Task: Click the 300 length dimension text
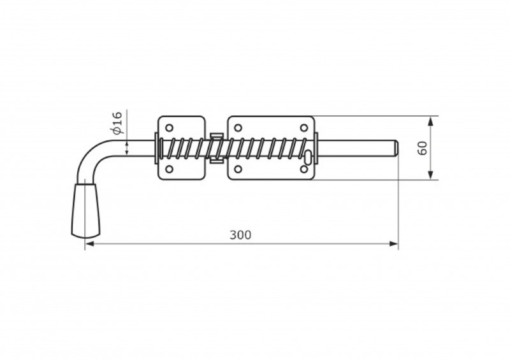pyautogui.click(x=240, y=235)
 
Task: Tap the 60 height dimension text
pyautogui.click(x=422, y=148)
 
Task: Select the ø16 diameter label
pyautogui.click(x=117, y=122)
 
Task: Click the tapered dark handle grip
pyautogui.click(x=85, y=210)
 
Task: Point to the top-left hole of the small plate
pyautogui.click(x=169, y=127)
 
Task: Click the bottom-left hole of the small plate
pyautogui.click(x=169, y=169)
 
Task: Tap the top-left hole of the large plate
pyautogui.click(x=238, y=127)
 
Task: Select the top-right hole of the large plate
pyautogui.click(x=304, y=127)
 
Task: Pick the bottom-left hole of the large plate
pyautogui.click(x=238, y=169)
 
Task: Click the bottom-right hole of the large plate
pyautogui.click(x=304, y=169)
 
